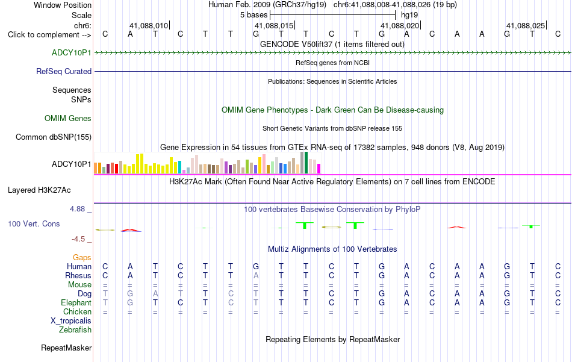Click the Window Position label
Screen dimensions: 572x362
(63, 5)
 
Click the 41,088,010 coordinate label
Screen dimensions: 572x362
(149, 25)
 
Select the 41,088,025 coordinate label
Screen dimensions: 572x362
(526, 25)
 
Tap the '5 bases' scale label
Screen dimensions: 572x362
(254, 15)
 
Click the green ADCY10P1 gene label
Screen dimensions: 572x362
(72, 52)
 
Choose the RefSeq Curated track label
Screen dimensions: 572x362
(64, 71)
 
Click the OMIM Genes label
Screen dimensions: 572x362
(68, 118)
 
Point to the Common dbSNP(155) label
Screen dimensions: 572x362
(54, 137)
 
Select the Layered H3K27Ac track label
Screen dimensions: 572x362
(39, 190)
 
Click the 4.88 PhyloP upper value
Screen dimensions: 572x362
(77, 209)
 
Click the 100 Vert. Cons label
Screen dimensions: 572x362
(34, 223)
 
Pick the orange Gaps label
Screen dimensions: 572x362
(82, 258)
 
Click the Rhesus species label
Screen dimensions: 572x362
(78, 275)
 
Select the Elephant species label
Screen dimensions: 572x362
(76, 303)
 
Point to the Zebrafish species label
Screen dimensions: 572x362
(75, 330)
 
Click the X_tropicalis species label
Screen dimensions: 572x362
(71, 321)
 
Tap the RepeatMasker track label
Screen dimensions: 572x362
(66, 348)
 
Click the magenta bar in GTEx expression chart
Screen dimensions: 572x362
(319, 169)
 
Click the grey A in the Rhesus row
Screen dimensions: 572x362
(256, 275)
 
